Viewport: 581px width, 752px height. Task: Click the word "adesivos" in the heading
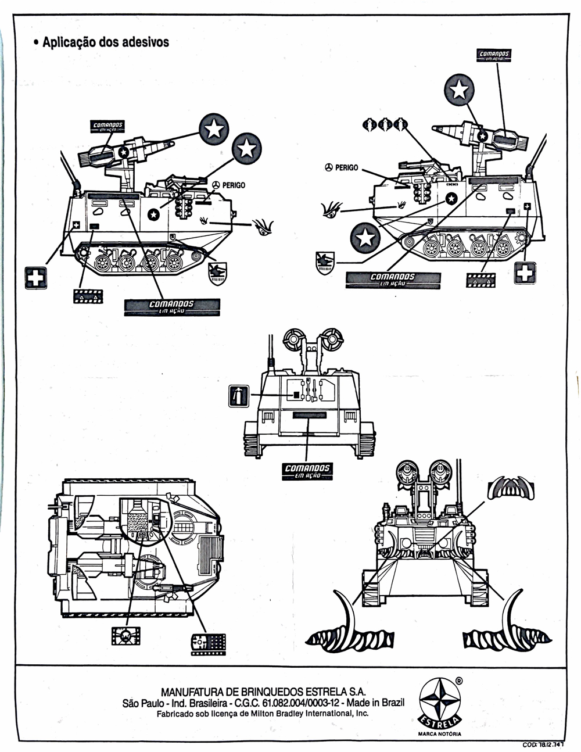click(x=145, y=42)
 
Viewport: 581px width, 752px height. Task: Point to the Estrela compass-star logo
click(x=439, y=701)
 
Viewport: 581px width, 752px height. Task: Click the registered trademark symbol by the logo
click(x=459, y=680)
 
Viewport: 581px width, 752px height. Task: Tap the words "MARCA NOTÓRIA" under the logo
click(x=439, y=733)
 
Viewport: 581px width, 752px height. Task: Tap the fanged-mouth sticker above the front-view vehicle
click(x=510, y=487)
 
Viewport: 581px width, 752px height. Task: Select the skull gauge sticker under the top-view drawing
click(x=126, y=636)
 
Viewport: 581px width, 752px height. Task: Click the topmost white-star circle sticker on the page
click(x=460, y=89)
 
